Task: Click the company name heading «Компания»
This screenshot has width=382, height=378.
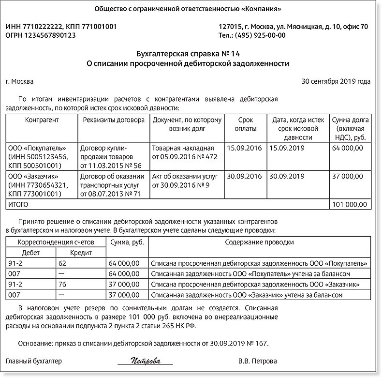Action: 188,9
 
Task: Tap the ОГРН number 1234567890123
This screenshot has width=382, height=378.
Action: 50,35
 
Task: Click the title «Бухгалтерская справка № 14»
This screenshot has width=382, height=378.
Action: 188,54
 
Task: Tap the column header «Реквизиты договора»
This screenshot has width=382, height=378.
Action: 114,120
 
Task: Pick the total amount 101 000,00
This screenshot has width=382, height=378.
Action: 347,205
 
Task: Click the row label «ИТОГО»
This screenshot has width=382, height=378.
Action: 17,205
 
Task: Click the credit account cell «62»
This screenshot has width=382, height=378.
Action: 61,264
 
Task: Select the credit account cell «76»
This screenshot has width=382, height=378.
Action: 61,284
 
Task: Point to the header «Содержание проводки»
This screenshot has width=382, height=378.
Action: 259,242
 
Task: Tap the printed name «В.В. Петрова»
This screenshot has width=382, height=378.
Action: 258,362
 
